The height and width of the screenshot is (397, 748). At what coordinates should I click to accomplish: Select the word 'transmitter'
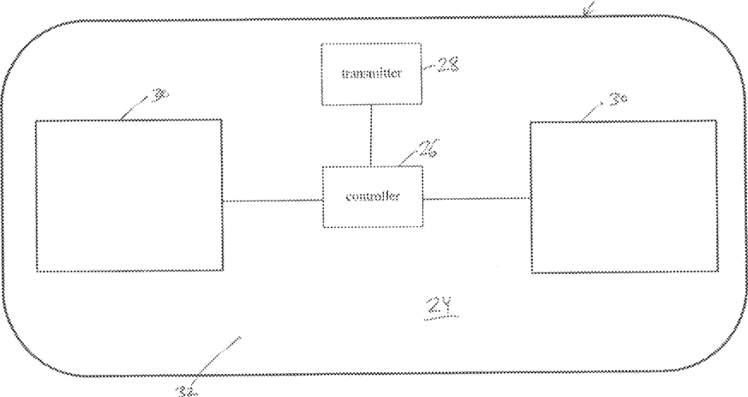(370, 73)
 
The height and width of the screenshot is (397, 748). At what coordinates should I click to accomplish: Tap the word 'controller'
(373, 196)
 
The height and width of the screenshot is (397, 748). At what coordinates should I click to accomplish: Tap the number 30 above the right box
(618, 101)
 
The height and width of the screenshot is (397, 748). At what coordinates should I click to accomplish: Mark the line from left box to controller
(272, 201)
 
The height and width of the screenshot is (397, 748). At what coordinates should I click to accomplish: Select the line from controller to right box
(477, 198)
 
